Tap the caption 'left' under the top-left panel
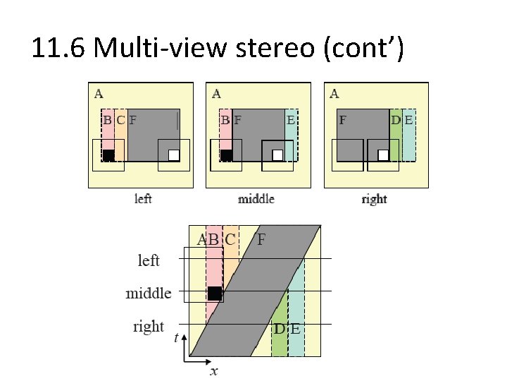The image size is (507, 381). point(143,199)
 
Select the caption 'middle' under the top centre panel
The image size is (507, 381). point(256,199)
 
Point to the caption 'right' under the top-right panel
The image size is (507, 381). point(374,199)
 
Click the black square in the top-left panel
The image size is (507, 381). point(108,155)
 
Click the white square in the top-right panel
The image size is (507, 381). point(383,155)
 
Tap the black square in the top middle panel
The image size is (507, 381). point(227,155)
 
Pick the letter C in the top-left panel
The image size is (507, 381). point(120,120)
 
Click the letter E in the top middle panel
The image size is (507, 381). point(290,120)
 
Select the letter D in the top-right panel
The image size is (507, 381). point(396,120)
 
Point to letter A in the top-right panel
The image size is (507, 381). point(334,93)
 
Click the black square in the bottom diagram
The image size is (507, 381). point(215,293)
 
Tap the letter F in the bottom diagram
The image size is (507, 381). point(261,239)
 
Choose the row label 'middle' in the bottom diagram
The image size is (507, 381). point(149,293)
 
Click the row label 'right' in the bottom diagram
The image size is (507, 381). point(148,327)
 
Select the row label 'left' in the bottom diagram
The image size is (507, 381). point(148,260)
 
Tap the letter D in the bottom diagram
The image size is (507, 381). point(280,329)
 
